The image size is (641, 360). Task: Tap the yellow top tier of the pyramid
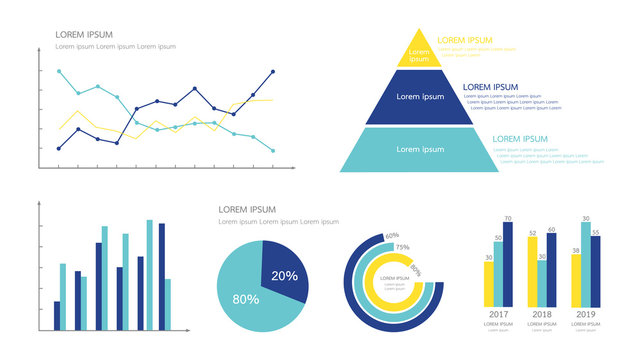click(420, 51)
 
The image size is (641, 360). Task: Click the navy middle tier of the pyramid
click(420, 98)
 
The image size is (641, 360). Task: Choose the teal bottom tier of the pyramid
click(420, 149)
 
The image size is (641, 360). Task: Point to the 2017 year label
click(499, 314)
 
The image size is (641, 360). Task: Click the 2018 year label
click(543, 314)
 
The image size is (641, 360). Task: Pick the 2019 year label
click(587, 314)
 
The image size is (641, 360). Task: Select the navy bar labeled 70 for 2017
click(508, 265)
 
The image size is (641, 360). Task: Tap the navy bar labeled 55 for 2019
click(596, 273)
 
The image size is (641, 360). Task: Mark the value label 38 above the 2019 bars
click(576, 250)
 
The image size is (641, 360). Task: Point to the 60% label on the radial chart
click(392, 236)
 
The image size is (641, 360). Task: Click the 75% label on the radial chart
click(402, 247)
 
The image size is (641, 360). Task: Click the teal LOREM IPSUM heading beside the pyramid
click(520, 139)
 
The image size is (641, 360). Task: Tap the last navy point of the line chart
click(273, 72)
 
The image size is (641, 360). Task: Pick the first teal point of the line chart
click(59, 71)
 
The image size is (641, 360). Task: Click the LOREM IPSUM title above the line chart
click(84, 34)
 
